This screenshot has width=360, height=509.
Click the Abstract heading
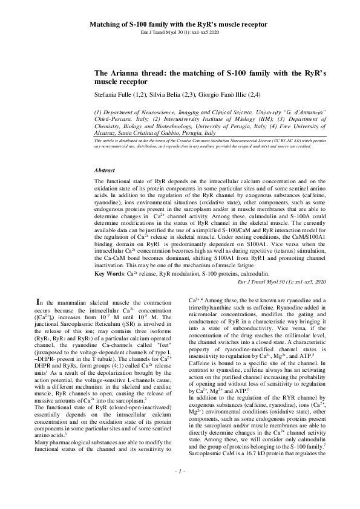(106, 154)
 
